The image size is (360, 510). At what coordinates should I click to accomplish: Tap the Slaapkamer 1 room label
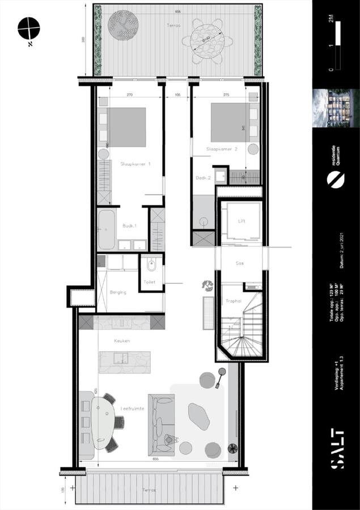(135, 164)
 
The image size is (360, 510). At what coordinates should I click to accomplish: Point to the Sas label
(240, 263)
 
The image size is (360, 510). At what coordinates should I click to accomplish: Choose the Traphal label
(234, 301)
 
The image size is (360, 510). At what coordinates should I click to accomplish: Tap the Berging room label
(118, 292)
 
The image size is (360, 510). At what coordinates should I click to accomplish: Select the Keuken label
(121, 341)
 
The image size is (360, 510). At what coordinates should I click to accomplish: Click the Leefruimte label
(132, 408)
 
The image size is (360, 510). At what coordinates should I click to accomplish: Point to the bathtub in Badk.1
(106, 229)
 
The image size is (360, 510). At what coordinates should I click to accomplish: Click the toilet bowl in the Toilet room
(150, 266)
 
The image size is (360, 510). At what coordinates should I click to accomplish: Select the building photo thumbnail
(336, 108)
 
